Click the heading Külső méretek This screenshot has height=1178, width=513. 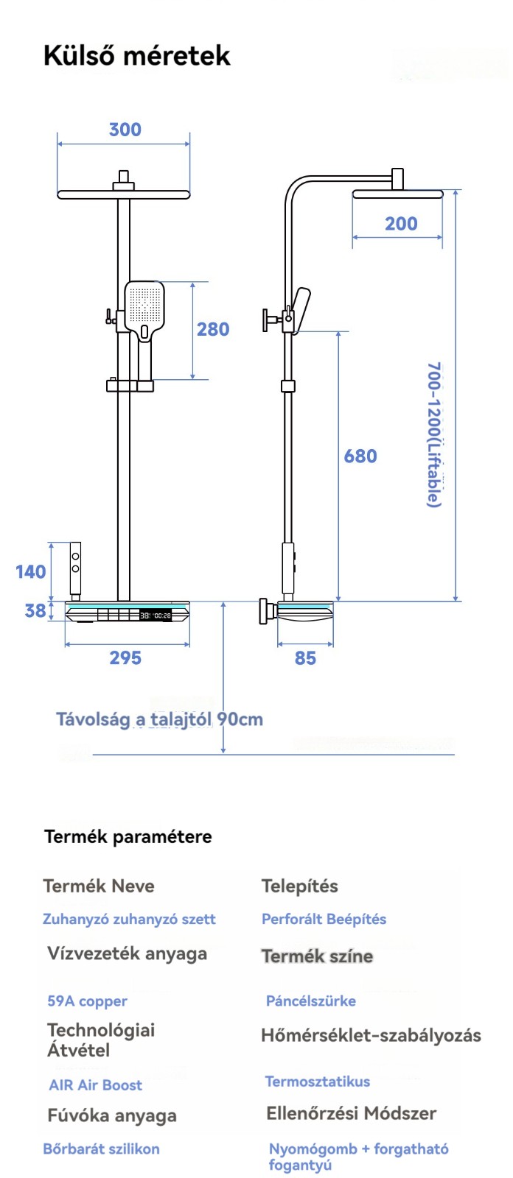pyautogui.click(x=137, y=56)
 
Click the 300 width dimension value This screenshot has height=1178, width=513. pyautogui.click(x=125, y=130)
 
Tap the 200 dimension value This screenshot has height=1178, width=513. pyautogui.click(x=401, y=224)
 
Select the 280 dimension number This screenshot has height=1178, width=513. pyautogui.click(x=213, y=329)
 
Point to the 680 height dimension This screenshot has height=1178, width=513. pyautogui.click(x=360, y=456)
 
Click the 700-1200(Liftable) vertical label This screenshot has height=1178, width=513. pyautogui.click(x=434, y=434)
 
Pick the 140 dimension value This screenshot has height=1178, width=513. pyautogui.click(x=31, y=571)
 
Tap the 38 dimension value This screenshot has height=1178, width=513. pyautogui.click(x=35, y=610)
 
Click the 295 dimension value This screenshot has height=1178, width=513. pyautogui.click(x=125, y=658)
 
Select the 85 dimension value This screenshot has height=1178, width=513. pyautogui.click(x=305, y=658)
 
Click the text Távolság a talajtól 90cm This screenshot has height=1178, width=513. pyautogui.click(x=160, y=719)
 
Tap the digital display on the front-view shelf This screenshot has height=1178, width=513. pyautogui.click(x=155, y=615)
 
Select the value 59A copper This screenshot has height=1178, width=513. pyautogui.click(x=87, y=1001)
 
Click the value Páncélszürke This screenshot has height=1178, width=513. pyautogui.click(x=310, y=1001)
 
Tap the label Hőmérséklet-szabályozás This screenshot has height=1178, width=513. pyautogui.click(x=371, y=1036)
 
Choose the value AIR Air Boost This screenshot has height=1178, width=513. pyautogui.click(x=95, y=1085)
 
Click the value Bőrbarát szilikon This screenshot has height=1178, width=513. pyautogui.click(x=101, y=1149)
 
